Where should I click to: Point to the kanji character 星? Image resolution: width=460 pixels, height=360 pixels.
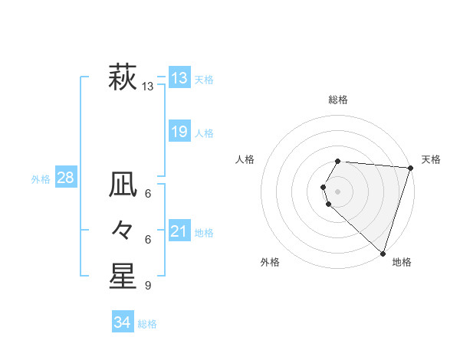123,277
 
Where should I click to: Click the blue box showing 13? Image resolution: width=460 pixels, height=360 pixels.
179,77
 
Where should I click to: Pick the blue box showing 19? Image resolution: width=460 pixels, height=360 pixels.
179,132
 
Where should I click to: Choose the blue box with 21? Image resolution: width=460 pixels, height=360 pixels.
179,231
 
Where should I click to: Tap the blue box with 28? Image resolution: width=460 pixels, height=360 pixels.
66,178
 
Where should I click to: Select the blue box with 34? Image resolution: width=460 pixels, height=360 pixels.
123,322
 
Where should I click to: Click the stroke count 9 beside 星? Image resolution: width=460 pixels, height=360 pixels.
148,286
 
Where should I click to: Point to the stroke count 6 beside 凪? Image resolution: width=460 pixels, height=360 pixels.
148,193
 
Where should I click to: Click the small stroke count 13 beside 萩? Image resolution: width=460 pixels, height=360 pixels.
148,87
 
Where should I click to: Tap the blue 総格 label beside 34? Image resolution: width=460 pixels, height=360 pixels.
147,324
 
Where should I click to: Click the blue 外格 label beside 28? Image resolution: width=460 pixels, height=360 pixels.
41,179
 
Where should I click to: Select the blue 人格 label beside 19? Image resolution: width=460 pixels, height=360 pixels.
204,133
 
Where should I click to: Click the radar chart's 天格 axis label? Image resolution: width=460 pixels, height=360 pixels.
431,159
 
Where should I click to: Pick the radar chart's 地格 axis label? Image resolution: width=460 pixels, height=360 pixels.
402,262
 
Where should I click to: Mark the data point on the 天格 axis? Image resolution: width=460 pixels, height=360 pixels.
410,168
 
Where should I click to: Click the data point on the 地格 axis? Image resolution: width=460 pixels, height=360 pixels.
383,253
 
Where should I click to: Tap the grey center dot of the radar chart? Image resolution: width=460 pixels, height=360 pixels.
338,191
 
